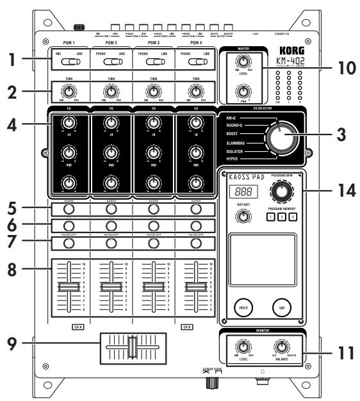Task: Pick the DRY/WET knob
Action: pos(242,218)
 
